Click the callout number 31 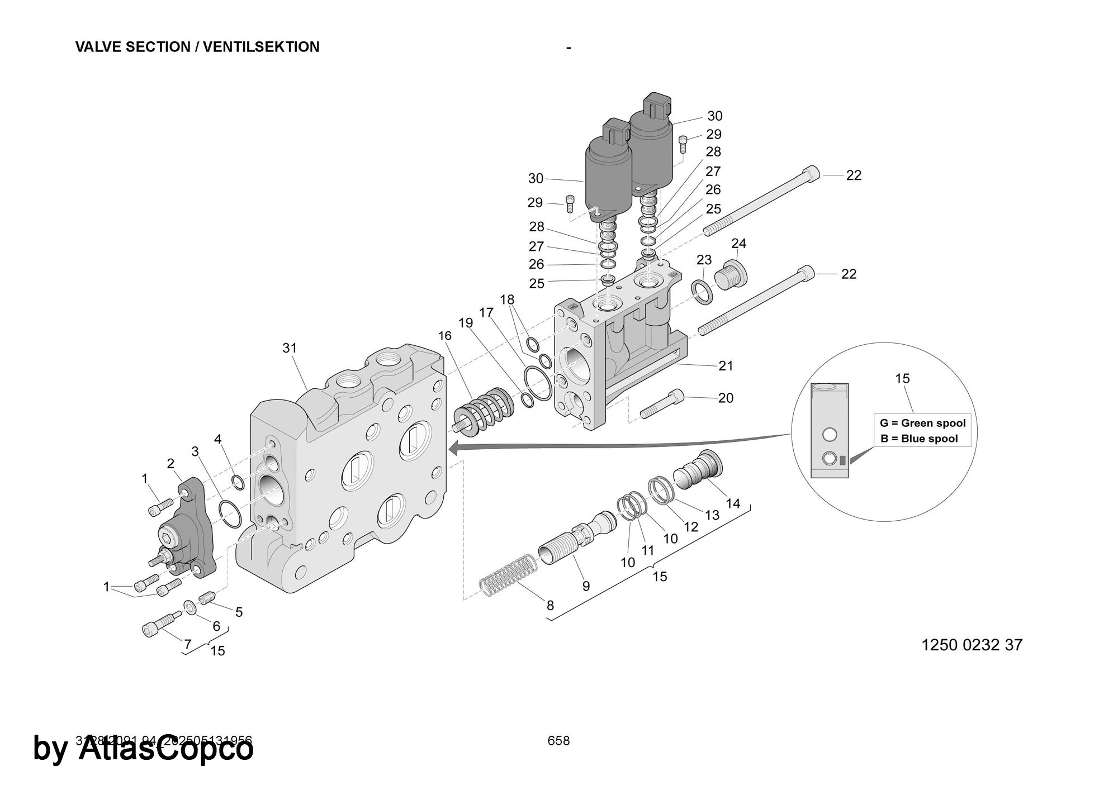tap(289, 348)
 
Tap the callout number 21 tap(726, 365)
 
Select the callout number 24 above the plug tap(738, 244)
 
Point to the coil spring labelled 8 tap(509, 575)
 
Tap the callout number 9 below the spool tap(586, 586)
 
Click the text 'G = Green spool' tap(923, 423)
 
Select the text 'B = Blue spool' tap(919, 439)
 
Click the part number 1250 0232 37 tap(972, 645)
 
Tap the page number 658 tap(558, 741)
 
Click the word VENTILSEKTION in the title tap(261, 47)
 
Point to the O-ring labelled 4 tap(238, 482)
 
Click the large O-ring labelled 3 tap(230, 515)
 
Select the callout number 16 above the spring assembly tap(444, 336)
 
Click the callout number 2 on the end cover tap(170, 463)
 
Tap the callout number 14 tap(732, 503)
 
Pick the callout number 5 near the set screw tap(239, 612)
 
